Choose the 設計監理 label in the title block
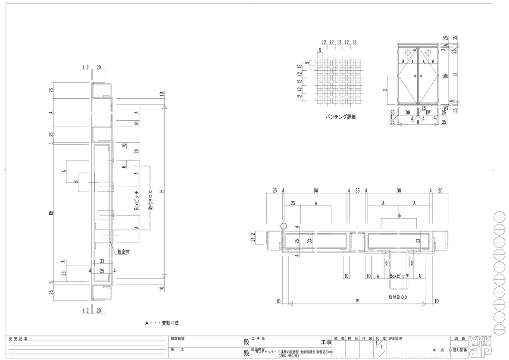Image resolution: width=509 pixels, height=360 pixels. [178, 339]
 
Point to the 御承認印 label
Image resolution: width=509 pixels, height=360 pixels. [395, 339]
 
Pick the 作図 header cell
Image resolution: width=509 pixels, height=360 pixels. [366, 339]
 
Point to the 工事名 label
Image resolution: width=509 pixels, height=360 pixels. [258, 339]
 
